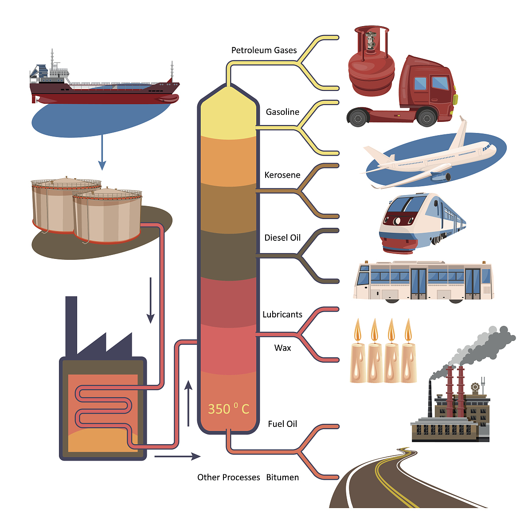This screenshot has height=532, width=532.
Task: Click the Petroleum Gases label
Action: pos(264,51)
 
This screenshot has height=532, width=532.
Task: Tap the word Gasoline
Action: pos(282,112)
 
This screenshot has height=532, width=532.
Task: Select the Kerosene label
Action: pos(282,175)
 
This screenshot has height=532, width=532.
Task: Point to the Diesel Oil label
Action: pos(282,238)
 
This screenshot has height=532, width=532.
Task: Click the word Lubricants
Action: pos(282,315)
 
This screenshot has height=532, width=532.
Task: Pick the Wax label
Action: pos(282,348)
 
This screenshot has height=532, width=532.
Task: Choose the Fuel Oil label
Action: pos(282,424)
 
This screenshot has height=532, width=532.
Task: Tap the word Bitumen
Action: pos(282,477)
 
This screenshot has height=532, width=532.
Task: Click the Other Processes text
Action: pos(228,477)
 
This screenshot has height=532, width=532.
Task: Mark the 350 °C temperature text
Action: pos(228,409)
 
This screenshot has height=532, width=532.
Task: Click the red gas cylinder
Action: pos(371,71)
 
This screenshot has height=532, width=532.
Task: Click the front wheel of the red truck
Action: pos(426,118)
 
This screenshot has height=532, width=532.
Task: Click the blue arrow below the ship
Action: pos(102,153)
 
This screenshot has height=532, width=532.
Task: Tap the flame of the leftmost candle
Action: pos(358,330)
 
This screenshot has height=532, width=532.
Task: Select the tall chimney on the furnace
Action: pos(71,326)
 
